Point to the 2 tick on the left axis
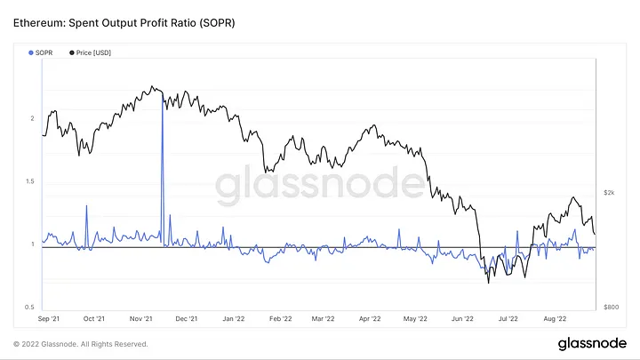tap(32, 118)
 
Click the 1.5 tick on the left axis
tap(30, 181)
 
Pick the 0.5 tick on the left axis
tap(30, 307)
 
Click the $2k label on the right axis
tap(610, 192)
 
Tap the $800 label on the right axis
tap(611, 307)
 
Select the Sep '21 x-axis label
tap(49, 316)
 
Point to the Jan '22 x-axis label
tap(233, 316)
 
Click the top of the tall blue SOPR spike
tap(162, 92)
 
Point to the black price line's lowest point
tap(488, 284)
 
